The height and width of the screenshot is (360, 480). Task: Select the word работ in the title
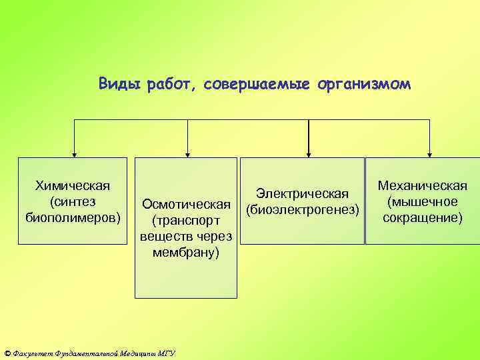tap(163, 85)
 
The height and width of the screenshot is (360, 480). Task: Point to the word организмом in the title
tap(360, 85)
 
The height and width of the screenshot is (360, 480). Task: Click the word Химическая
tap(73, 185)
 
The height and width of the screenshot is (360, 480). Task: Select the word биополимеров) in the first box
tap(73, 217)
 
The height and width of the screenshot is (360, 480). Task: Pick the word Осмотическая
tap(185, 203)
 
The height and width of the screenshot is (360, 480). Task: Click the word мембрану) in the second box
tap(185, 253)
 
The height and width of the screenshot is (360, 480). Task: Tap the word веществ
tap(164, 237)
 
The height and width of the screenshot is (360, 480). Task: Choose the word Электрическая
tap(303, 194)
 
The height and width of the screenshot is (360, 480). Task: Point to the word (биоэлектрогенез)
tap(303, 210)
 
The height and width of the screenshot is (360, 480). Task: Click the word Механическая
tap(422, 185)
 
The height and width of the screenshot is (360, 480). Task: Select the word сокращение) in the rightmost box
tap(422, 217)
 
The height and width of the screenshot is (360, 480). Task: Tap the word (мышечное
tap(422, 201)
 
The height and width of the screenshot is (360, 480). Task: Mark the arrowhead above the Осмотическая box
tap(189, 153)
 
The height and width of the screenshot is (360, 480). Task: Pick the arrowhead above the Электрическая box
tap(308, 153)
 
